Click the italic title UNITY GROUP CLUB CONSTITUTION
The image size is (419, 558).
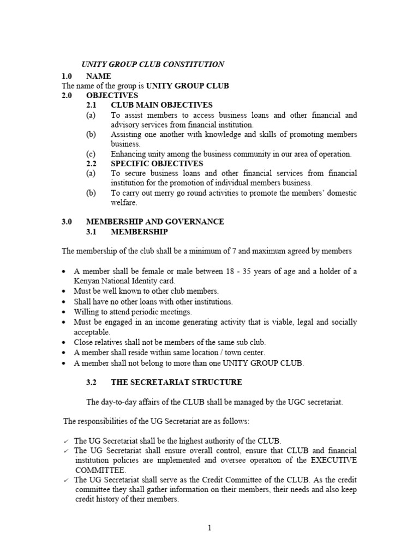(x=152, y=64)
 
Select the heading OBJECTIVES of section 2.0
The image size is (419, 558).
(x=112, y=95)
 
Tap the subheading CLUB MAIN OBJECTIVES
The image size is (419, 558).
(x=161, y=105)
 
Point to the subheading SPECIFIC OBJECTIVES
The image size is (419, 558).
(x=157, y=163)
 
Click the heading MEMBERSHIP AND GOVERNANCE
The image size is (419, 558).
(x=155, y=222)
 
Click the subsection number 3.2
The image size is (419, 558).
(x=91, y=383)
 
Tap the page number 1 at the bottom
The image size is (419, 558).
(x=209, y=527)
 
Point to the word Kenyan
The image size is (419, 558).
(x=87, y=281)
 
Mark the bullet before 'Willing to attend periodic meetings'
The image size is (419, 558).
(x=65, y=312)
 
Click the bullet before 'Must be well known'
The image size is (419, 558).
(x=65, y=292)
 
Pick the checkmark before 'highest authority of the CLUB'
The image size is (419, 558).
(x=65, y=441)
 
